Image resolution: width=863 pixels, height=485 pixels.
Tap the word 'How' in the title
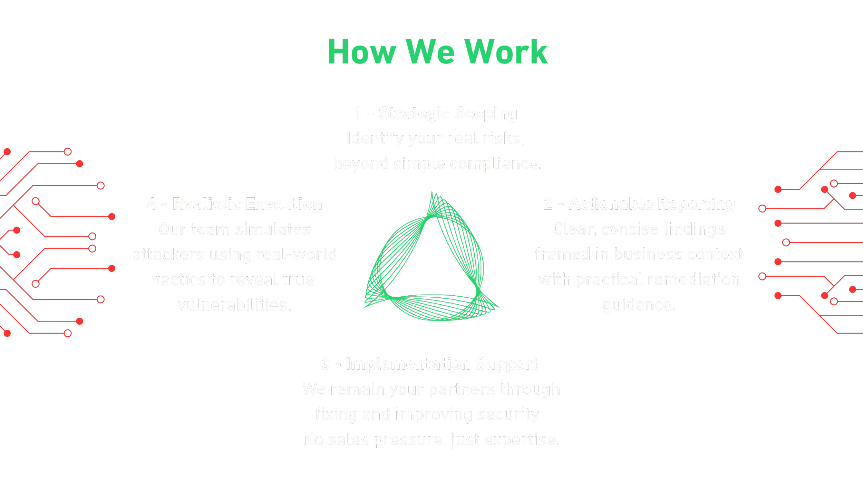click(361, 52)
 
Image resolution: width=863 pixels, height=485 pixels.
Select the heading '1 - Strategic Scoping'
click(436, 113)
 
